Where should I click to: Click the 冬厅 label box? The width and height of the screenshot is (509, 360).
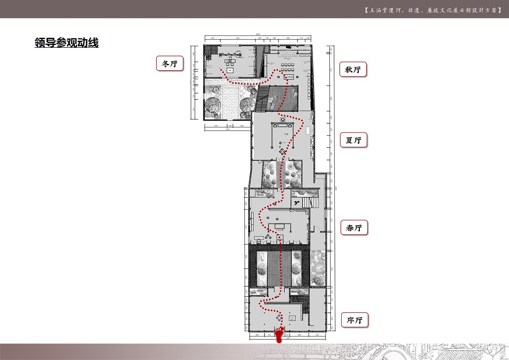170,63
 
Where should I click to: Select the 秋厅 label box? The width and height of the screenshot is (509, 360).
353,70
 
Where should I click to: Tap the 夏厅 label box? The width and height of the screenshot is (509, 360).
353,140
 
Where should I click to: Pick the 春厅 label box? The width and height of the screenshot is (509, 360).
354,228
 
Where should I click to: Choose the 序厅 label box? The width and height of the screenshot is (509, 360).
354,320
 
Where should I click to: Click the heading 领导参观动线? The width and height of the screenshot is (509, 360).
66,43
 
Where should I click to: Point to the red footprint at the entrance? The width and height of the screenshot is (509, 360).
280,335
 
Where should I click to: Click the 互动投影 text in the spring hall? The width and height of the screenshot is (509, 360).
278,230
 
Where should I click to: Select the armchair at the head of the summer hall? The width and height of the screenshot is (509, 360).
282,119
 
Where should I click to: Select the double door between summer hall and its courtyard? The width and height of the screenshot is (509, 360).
282,159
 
